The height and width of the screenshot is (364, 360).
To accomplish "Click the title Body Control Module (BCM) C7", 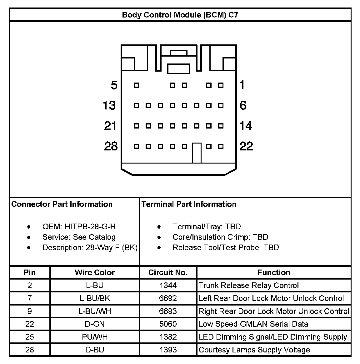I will coord(180,15).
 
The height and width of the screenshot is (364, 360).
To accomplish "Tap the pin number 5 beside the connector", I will coord(114,85).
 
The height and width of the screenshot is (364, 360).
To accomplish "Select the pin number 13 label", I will coord(109,105).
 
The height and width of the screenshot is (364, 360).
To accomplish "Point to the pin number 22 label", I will coord(246,146).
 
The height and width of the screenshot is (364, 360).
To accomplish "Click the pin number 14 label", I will coord(246,126).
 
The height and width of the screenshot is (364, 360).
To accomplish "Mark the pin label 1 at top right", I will coord(242,85).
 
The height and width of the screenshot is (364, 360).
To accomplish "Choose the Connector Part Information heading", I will coord(62,204).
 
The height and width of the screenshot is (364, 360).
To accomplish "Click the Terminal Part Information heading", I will coord(189,204).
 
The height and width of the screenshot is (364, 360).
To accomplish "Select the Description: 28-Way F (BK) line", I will coord(90,248).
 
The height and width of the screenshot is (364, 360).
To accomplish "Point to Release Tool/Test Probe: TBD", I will coord(226,248).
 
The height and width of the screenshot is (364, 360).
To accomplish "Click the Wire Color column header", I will coord(95,272).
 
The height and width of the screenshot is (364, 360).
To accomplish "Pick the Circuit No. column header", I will coord(168,272).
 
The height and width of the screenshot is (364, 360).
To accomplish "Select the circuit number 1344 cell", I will coord(168,285).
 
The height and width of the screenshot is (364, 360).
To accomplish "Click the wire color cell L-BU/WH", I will coord(95,311).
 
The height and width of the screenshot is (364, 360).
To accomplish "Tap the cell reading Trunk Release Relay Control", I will coord(249,285).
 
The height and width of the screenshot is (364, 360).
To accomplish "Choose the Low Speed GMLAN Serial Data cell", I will coord(253,324).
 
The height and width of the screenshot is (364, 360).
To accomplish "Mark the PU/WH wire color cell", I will coord(95,337).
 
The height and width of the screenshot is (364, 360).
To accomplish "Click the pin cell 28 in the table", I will coord(30,350).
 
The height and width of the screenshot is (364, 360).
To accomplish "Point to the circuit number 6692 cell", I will coord(168,298).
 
